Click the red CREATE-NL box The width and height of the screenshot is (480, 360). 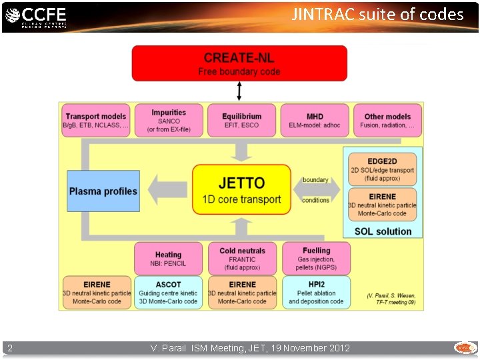tap(239, 63)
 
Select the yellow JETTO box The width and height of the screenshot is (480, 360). tap(241, 190)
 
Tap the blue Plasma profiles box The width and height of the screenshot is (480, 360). tap(103, 191)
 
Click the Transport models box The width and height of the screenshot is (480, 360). tap(96, 121)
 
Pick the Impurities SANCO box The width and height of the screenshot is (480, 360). tap(169, 121)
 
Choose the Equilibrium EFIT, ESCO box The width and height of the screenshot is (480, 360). tap(241, 121)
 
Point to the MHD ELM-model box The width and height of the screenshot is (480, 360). tap(315, 121)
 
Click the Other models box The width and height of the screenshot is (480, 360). tap(387, 121)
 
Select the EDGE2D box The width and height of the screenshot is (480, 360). tap(382, 169)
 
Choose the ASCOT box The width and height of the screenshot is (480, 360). tap(168, 293)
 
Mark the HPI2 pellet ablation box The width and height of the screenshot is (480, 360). tap(316, 293)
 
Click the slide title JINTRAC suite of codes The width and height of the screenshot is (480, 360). tap(377, 15)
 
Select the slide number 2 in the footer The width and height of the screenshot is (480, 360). tap(10, 348)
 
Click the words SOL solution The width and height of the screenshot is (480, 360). tap(383, 231)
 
